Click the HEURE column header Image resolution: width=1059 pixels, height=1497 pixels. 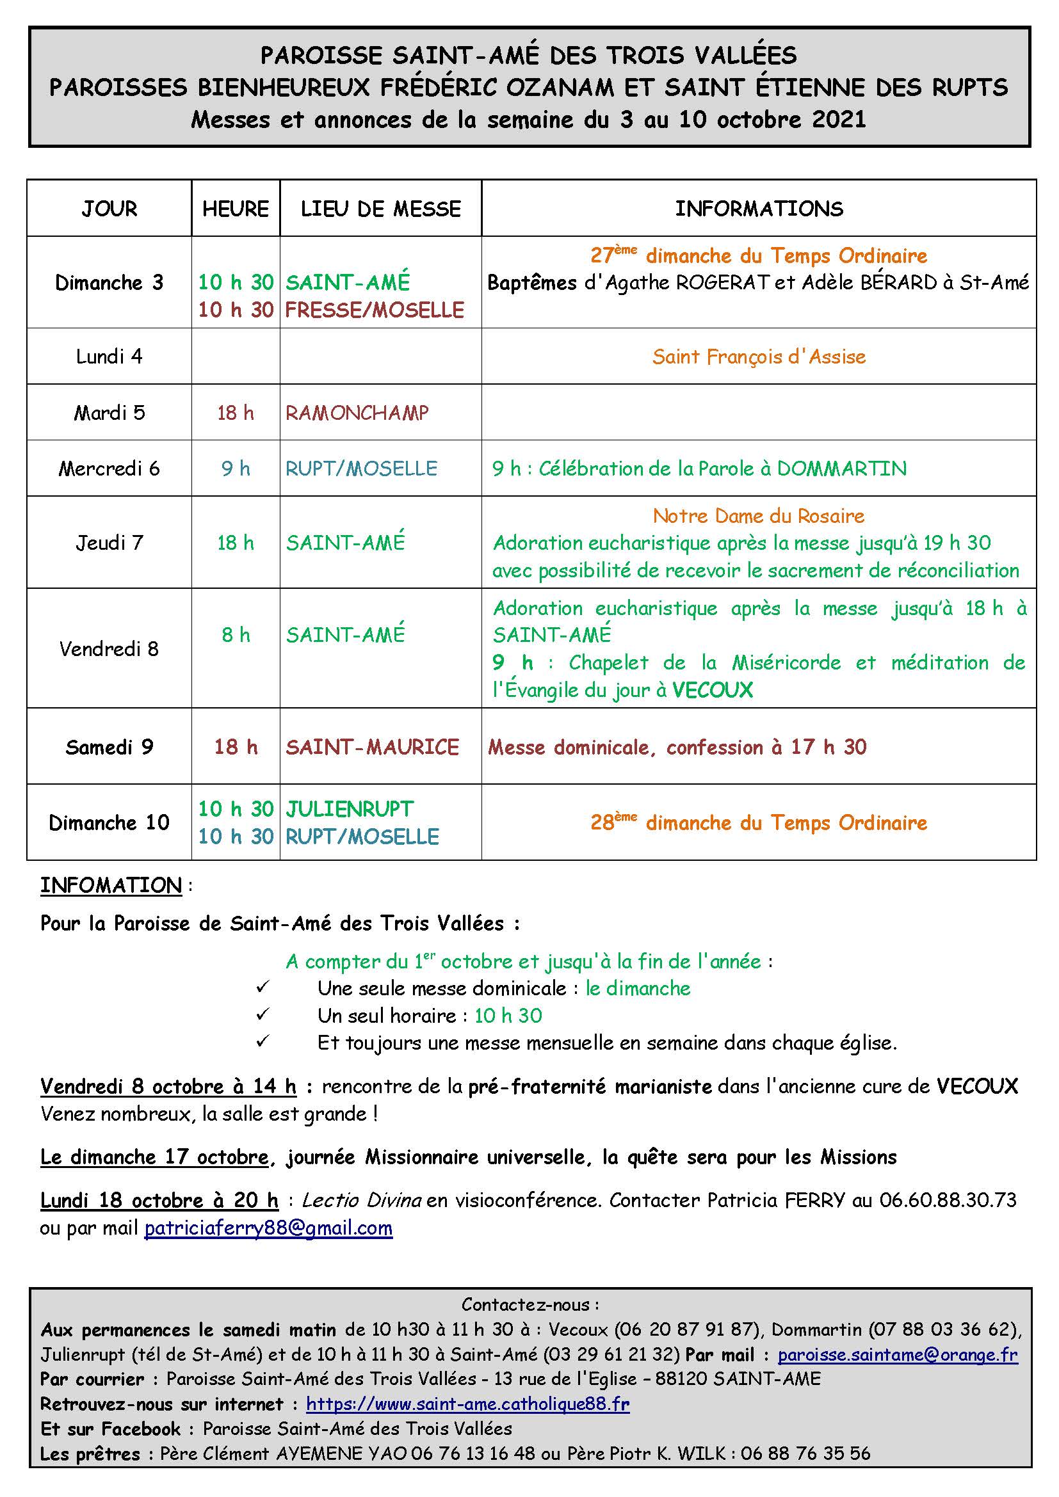coord(236,209)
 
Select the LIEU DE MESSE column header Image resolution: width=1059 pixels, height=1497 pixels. coord(381,209)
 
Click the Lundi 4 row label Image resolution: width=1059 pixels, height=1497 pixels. coord(109,356)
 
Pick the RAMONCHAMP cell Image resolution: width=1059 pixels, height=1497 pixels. coord(357,413)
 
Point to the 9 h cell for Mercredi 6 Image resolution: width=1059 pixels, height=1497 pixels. coord(236,468)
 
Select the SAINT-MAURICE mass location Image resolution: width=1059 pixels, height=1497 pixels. coord(373,747)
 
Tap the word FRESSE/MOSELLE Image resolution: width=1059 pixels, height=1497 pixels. coord(375,310)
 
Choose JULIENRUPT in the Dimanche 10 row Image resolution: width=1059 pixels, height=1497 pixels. coord(350,809)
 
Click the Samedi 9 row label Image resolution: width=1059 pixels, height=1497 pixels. coord(109,747)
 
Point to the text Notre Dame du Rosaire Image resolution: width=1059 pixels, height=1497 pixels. coord(758,516)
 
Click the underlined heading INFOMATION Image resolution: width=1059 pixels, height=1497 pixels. coord(111,885)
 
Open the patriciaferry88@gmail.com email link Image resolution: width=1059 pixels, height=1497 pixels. coord(268,1228)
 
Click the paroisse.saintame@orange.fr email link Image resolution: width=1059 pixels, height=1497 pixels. coord(897,1355)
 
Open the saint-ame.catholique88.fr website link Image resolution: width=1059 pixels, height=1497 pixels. coord(467,1404)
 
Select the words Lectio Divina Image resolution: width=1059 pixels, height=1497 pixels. coord(361,1200)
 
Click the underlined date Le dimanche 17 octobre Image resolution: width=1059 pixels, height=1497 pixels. coord(154,1157)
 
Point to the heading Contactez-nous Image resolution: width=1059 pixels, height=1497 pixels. coord(529,1304)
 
